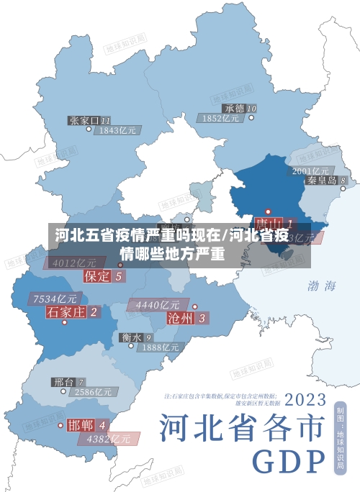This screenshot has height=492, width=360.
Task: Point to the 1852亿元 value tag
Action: click(221, 119)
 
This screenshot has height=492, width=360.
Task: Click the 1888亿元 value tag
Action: click(161, 347)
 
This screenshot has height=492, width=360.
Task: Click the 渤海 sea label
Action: click(322, 286)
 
